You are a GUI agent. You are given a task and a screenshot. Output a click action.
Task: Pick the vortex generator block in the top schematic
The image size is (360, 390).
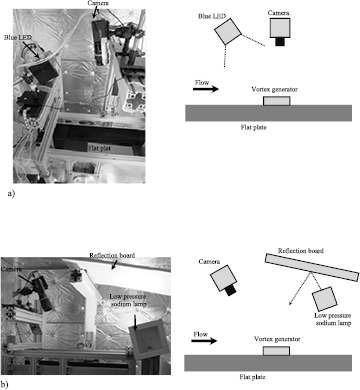(x=277, y=100)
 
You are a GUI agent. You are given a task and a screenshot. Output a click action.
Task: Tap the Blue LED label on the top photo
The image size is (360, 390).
(x=20, y=38)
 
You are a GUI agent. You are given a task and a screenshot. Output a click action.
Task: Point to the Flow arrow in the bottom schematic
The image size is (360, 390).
(x=205, y=339)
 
